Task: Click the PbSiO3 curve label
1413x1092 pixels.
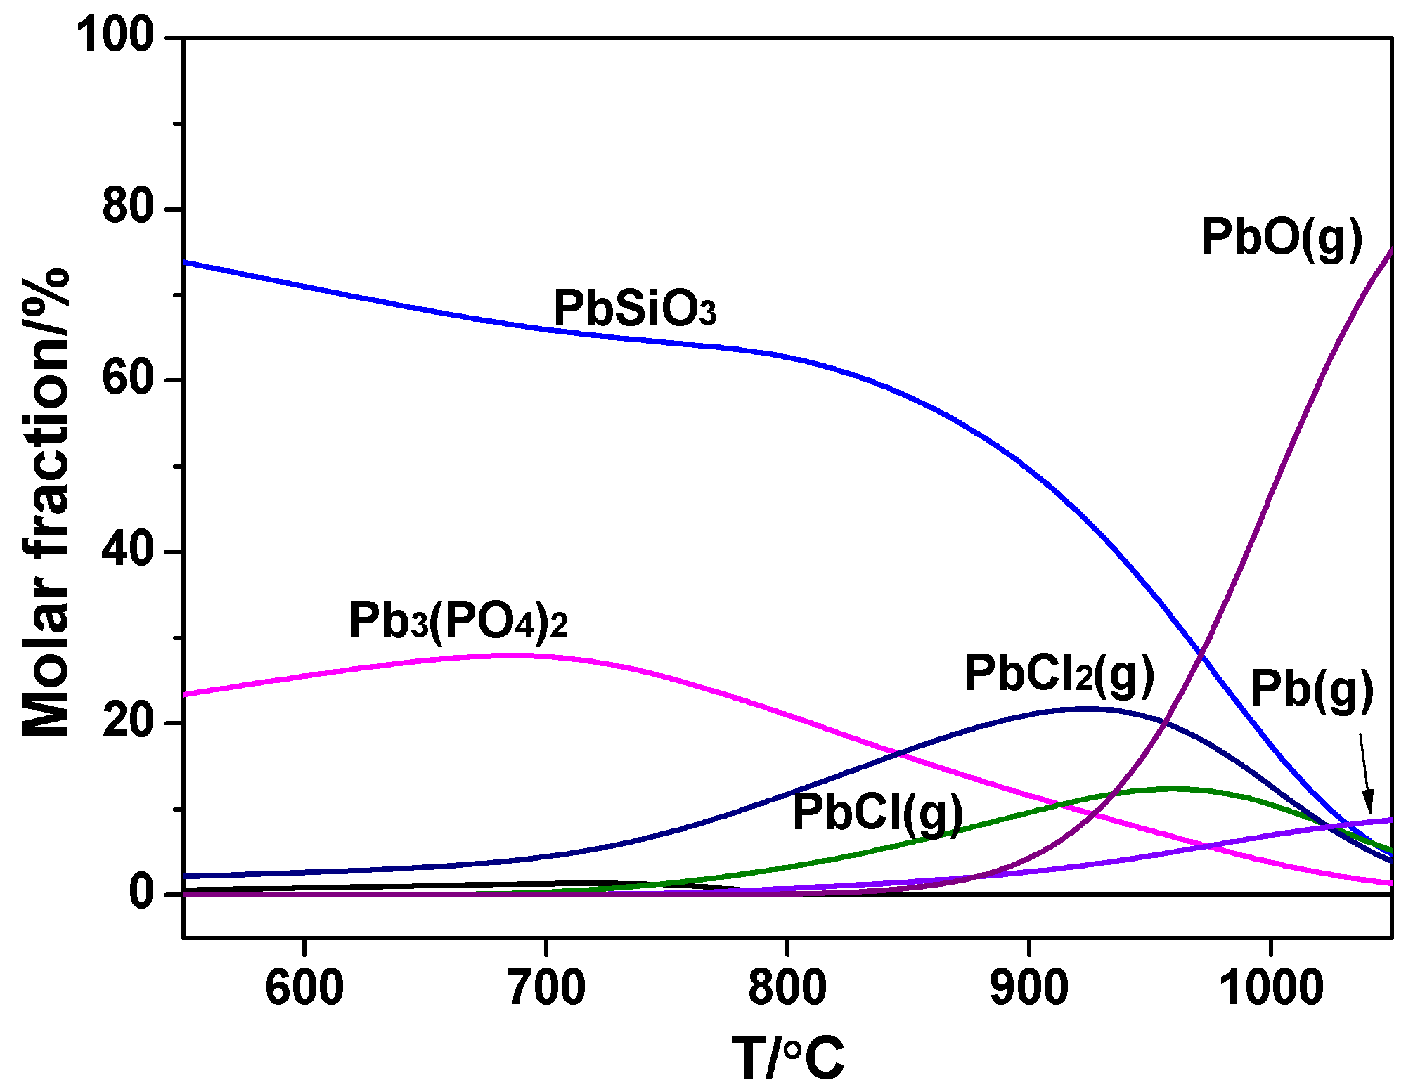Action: point(635,308)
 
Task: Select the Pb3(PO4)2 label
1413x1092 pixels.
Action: point(458,621)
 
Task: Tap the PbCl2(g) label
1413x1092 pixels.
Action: point(1059,674)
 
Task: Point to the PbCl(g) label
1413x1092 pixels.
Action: point(877,813)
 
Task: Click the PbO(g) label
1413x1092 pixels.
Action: point(1282,238)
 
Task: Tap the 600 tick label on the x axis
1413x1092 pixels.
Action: point(304,987)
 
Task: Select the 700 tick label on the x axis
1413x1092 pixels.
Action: point(546,987)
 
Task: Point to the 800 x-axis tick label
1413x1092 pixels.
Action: point(787,987)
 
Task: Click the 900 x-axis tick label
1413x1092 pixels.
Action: point(1029,987)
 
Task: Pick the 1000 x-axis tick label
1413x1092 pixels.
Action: point(1271,987)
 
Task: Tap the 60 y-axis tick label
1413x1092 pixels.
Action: point(128,379)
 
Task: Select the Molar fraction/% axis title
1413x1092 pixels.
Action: point(46,502)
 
